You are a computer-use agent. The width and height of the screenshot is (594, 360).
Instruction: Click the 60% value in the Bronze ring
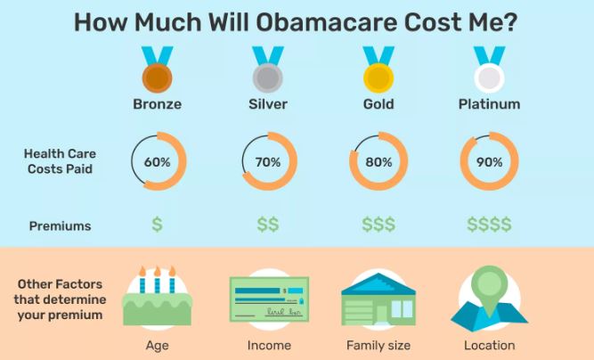pyautogui.click(x=158, y=162)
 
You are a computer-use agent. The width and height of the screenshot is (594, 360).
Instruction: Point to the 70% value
pyautogui.click(x=268, y=162)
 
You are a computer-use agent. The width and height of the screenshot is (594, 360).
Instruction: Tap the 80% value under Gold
pyautogui.click(x=378, y=162)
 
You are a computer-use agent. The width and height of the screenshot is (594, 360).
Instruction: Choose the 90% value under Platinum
pyautogui.click(x=489, y=162)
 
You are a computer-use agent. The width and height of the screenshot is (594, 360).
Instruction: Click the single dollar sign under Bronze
pyautogui.click(x=158, y=225)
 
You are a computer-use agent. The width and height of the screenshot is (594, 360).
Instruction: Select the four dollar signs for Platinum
pyautogui.click(x=489, y=225)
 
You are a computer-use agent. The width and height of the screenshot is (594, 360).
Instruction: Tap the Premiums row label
pyautogui.click(x=61, y=226)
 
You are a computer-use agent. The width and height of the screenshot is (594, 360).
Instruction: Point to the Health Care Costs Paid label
pyautogui.click(x=60, y=161)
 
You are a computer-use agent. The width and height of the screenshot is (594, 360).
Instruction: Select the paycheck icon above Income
pyautogui.click(x=269, y=299)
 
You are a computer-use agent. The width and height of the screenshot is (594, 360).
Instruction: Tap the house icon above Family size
pyautogui.click(x=378, y=299)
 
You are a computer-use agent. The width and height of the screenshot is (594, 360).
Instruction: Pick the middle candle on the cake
pyautogui.click(x=158, y=280)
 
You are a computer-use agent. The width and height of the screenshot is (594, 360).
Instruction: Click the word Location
pyautogui.click(x=490, y=345)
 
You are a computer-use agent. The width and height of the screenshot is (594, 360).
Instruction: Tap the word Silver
pyautogui.click(x=268, y=104)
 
